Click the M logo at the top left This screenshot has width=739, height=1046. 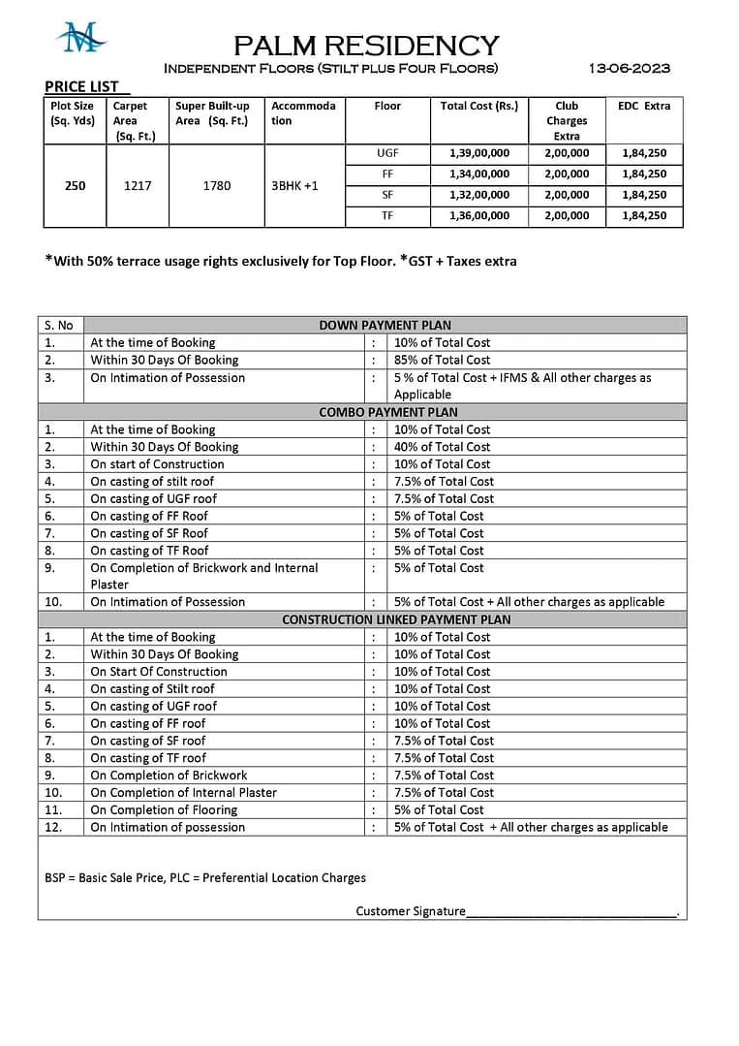pyautogui.click(x=79, y=39)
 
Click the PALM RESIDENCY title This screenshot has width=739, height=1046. pyautogui.click(x=366, y=45)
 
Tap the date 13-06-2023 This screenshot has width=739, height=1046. pyautogui.click(x=630, y=68)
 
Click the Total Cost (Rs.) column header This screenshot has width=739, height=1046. pyautogui.click(x=478, y=106)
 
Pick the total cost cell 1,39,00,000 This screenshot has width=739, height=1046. pyautogui.click(x=478, y=153)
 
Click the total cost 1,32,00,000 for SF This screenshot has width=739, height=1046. pyautogui.click(x=478, y=195)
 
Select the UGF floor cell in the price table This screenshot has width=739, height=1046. pyautogui.click(x=387, y=153)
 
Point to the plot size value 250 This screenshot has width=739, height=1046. pyautogui.click(x=75, y=185)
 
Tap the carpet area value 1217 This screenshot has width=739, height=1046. pyautogui.click(x=138, y=185)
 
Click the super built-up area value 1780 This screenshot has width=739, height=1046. pyautogui.click(x=217, y=185)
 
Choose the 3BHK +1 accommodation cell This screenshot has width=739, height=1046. pyautogui.click(x=294, y=185)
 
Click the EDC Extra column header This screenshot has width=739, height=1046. pyautogui.click(x=644, y=106)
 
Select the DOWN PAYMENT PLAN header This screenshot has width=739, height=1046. pyautogui.click(x=385, y=325)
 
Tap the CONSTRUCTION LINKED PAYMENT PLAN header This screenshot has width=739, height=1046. pyautogui.click(x=396, y=619)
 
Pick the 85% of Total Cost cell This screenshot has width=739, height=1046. pyautogui.click(x=442, y=360)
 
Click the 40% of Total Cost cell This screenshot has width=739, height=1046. pyautogui.click(x=442, y=447)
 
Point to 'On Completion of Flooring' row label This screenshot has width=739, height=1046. pyautogui.click(x=164, y=809)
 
